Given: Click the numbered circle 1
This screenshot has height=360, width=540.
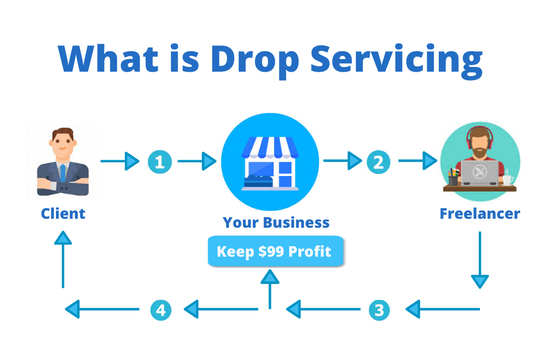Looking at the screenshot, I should coord(160,162).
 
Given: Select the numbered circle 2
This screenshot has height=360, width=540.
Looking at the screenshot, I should coord(378,162).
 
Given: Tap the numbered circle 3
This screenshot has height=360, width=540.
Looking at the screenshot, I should coord(378,309).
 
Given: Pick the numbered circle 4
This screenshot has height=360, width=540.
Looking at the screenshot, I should coord(160,309).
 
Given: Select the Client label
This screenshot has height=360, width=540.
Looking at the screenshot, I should coord(63,213).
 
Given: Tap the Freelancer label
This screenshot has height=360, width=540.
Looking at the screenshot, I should coord(480,213).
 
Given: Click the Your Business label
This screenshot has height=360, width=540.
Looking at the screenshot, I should coord(276,222).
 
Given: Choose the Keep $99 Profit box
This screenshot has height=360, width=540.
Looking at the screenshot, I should coord(275,251).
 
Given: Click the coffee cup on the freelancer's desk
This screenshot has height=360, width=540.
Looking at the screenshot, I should coord(507,179).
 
